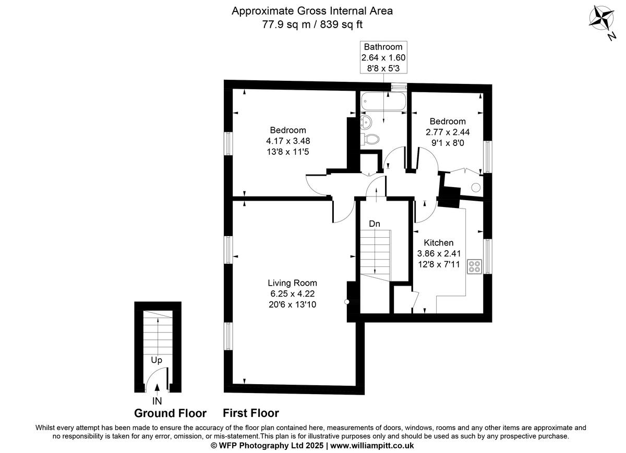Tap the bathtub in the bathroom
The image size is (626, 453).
coord(383,102)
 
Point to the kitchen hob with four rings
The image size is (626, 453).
coord(475,266)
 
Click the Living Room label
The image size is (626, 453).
coord(292,283)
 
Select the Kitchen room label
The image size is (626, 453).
coord(438,242)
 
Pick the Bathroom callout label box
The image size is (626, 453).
coord(383,57)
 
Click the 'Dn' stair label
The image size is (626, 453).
coord(374,224)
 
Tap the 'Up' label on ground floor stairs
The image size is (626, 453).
coord(156,360)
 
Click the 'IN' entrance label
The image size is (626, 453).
coord(156,401)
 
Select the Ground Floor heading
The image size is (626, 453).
coord(170,413)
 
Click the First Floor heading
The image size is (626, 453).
coord(251,413)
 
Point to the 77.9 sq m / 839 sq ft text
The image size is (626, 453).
coord(312,24)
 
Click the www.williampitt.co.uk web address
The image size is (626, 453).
coord(372,446)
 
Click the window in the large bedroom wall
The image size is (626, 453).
coord(228,143)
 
